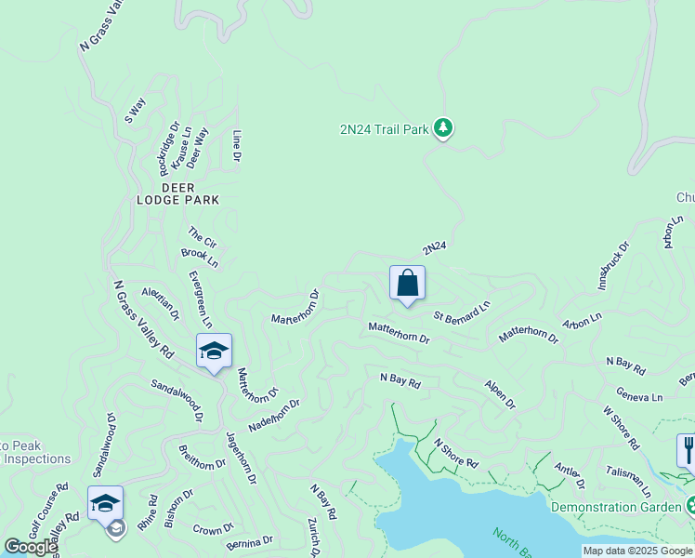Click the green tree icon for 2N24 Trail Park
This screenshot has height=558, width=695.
(x=444, y=128)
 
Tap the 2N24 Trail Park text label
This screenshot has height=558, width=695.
(x=384, y=129)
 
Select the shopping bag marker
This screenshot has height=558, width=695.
(x=408, y=283)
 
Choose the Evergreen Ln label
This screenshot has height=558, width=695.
(x=200, y=298)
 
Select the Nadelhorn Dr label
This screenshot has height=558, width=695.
(x=274, y=415)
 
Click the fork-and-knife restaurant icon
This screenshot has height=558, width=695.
(x=687, y=450)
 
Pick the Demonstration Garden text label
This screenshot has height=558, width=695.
(x=617, y=507)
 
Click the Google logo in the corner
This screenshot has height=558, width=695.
(x=30, y=547)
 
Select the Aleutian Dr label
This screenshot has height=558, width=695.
(x=160, y=304)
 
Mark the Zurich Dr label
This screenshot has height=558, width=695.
(x=315, y=538)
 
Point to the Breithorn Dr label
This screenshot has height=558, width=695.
(x=202, y=457)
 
